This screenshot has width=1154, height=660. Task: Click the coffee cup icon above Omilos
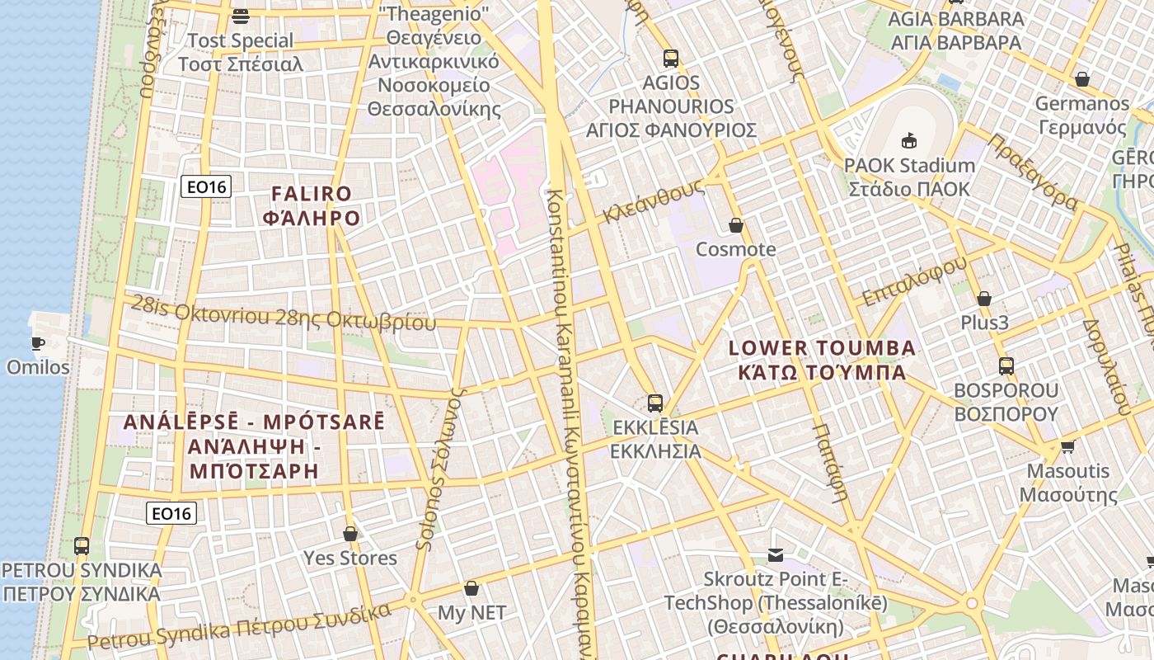pyautogui.click(x=38, y=343)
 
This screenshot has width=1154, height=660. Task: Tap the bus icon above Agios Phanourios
pyautogui.click(x=671, y=59)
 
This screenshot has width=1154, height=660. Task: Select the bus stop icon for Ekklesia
pyautogui.click(x=655, y=403)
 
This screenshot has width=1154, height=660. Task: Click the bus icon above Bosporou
pyautogui.click(x=1006, y=366)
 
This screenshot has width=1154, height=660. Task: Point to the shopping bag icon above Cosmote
pyautogui.click(x=736, y=225)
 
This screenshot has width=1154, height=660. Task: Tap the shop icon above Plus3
pyautogui.click(x=983, y=299)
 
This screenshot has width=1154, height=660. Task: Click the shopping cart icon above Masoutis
pyautogui.click(x=1068, y=446)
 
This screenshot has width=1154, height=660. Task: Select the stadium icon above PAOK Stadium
pyautogui.click(x=909, y=140)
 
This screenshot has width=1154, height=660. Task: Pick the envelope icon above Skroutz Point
pyautogui.click(x=776, y=555)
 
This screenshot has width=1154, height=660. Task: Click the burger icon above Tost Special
pyautogui.click(x=241, y=16)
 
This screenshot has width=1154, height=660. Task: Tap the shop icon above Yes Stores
pyautogui.click(x=350, y=534)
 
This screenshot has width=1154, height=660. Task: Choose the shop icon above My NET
pyautogui.click(x=471, y=588)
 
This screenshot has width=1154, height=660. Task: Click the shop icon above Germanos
pyautogui.click(x=1082, y=79)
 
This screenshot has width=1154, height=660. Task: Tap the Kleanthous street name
pyautogui.click(x=653, y=201)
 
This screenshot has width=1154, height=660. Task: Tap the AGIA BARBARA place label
pyautogui.click(x=956, y=31)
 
